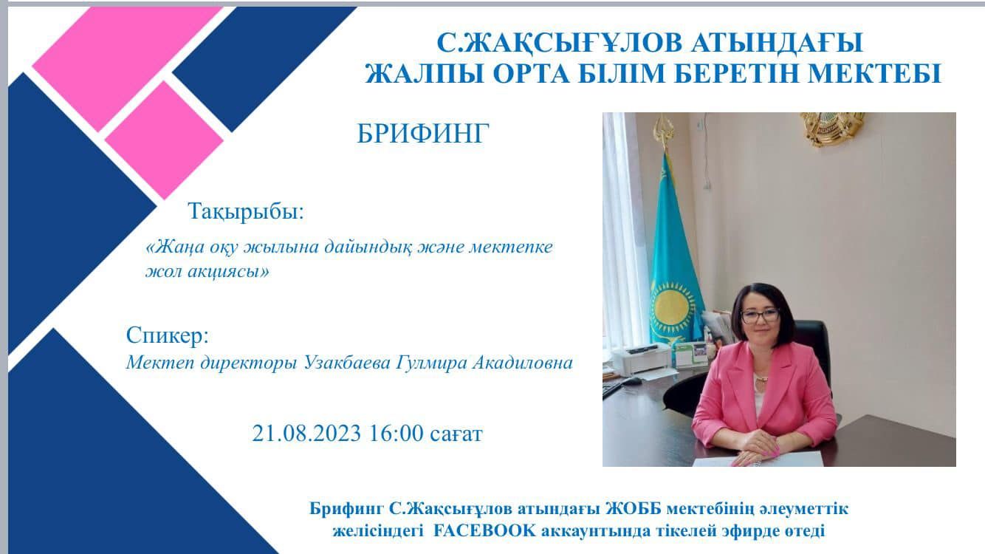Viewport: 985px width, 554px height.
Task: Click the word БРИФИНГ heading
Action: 423,133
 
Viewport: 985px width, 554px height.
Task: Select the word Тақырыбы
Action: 244,211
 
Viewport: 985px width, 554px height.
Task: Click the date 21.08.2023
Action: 306,433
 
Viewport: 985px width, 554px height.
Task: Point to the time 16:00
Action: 397,433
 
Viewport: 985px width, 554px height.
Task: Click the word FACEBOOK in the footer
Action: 484,530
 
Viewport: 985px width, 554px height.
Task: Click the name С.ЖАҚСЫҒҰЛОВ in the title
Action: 560,44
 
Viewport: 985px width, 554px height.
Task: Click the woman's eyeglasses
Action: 760,315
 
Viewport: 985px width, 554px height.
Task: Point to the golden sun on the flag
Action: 671,306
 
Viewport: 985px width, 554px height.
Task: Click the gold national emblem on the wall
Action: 832,128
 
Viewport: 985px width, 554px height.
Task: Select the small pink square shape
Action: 164,140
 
